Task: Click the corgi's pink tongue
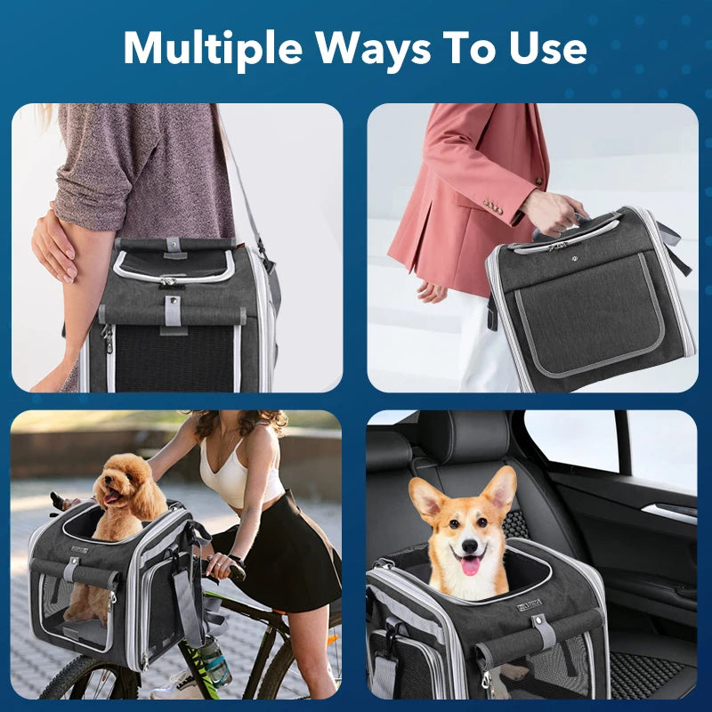click(470, 566)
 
